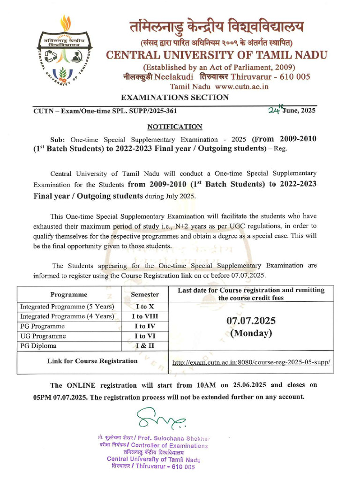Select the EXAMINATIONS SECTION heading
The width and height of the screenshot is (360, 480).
pos(175,97)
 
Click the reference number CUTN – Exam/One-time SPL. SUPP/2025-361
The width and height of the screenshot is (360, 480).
pos(105,111)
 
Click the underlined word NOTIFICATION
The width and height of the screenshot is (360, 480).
pos(175,127)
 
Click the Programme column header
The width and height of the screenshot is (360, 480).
pos(69,294)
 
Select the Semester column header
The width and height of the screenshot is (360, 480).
pos(144,294)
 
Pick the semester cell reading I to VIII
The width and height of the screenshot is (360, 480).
pos(144,316)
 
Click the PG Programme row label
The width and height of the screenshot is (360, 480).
pos(43,326)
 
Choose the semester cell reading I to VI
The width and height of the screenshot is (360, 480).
pos(144,336)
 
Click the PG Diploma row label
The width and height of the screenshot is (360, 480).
pos(38,346)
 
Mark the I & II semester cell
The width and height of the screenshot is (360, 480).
pos(144,346)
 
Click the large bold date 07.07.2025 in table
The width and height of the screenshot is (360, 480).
pos(251,321)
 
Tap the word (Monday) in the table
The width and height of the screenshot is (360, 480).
pos(251,333)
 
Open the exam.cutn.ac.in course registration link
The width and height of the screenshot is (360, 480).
pos(251,362)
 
